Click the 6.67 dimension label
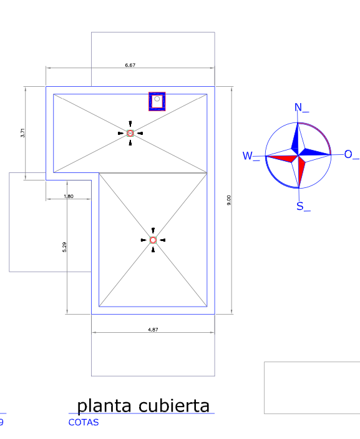(x=130, y=65)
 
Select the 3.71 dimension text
(x=22, y=133)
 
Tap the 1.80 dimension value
(x=69, y=196)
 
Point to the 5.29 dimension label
(x=64, y=247)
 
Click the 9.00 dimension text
(x=229, y=200)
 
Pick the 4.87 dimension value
(x=153, y=330)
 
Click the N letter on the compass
(x=298, y=107)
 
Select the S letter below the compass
(x=300, y=206)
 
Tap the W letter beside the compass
(x=248, y=155)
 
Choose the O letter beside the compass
(x=348, y=154)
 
